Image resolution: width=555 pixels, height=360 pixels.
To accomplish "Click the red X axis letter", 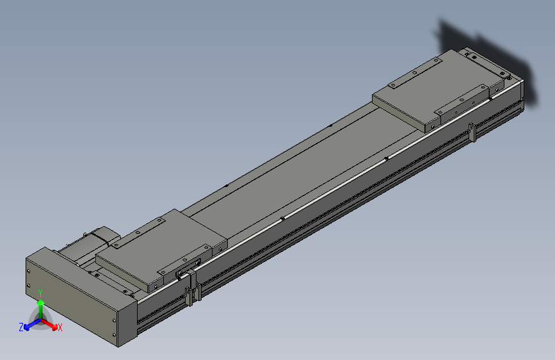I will tap(60, 327).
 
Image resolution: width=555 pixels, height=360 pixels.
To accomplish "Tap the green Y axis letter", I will tap(40, 293).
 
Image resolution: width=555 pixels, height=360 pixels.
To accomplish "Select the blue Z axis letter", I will tap(21, 327).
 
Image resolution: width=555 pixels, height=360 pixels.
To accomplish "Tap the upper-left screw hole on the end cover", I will tap(28, 273).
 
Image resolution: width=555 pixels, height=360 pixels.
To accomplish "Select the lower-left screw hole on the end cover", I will tap(28, 286).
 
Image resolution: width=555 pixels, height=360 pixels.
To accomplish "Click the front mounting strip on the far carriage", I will tap(461, 102).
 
